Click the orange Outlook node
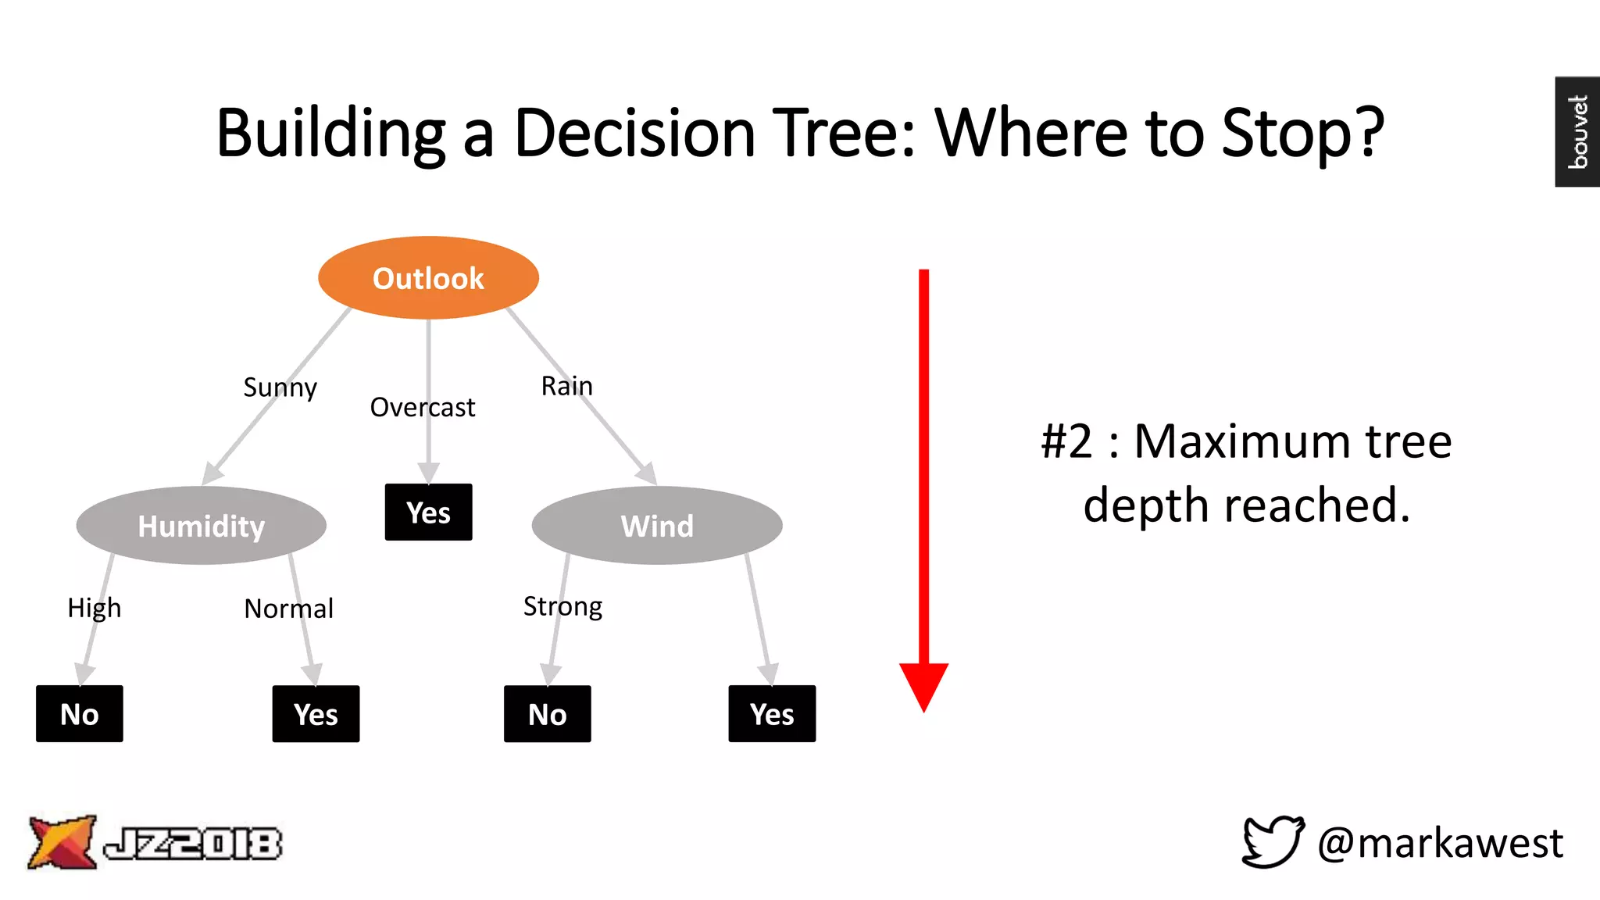click(428, 278)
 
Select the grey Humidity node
click(201, 526)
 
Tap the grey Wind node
click(656, 526)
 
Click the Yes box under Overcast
click(428, 512)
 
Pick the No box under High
click(80, 714)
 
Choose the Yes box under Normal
click(316, 714)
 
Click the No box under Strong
click(547, 714)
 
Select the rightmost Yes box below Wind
click(772, 714)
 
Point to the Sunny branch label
click(280, 387)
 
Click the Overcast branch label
click(422, 407)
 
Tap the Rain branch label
click(566, 386)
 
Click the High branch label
click(94, 608)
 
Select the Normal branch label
click(288, 609)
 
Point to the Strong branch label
click(562, 606)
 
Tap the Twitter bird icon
click(1273, 841)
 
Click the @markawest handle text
click(1440, 843)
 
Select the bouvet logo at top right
click(1577, 131)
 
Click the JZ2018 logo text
click(192, 844)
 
